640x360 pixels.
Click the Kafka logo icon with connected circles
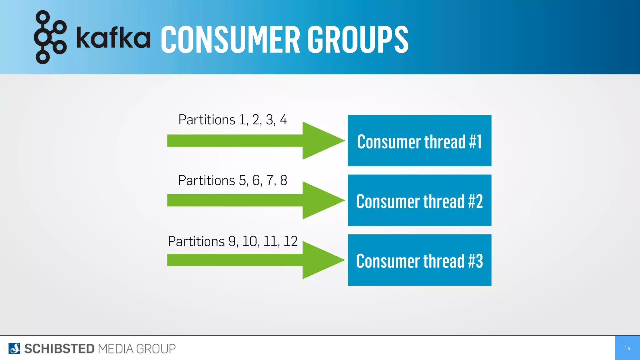pos(50,37)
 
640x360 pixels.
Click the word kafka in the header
pos(113,38)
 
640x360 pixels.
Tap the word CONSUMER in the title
pos(230,40)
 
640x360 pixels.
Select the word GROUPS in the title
pos(358,40)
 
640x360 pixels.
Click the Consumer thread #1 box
pos(419,141)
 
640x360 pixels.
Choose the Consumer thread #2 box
pos(419,200)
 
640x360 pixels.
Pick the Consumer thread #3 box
pos(419,260)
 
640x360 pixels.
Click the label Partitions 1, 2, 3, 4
pos(232,120)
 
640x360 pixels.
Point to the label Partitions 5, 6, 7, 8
pos(232,180)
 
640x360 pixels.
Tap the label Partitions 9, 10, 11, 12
pos(232,241)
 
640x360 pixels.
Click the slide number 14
pos(627,348)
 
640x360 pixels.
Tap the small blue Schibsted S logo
pos(14,348)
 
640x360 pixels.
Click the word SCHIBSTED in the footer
pos(59,349)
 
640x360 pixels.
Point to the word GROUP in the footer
pos(156,349)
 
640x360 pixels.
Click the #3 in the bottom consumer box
pos(475,261)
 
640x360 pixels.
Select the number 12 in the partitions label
pos(290,241)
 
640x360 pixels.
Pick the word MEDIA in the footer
pos(116,349)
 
